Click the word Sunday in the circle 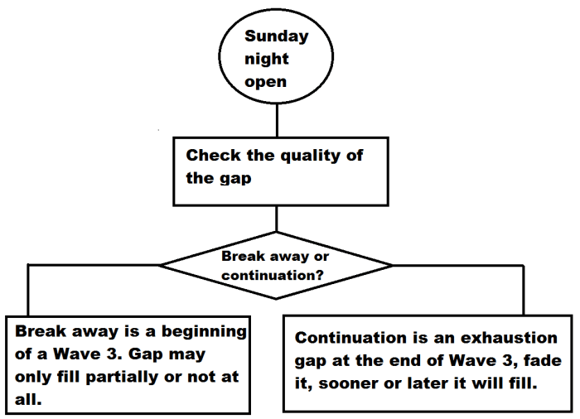276,36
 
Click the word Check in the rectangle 210,155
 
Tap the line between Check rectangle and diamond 276,219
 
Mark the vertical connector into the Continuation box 523,289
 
